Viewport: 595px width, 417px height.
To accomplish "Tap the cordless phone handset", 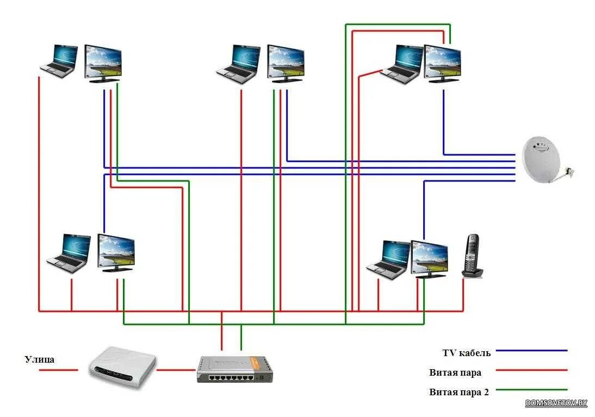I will pyautogui.click(x=472, y=256).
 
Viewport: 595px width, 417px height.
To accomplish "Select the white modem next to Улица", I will pyautogui.click(x=123, y=366).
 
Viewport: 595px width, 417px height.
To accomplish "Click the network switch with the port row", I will pyautogui.click(x=234, y=370).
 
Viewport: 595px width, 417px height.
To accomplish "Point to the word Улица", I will pyautogui.click(x=40, y=359).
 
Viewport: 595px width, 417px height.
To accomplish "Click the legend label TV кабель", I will pyautogui.click(x=466, y=353).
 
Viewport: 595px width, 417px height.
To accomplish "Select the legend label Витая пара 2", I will pyautogui.click(x=458, y=391).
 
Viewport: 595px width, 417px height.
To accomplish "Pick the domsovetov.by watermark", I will pyautogui.click(x=556, y=403).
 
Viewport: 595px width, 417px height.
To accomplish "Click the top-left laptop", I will pyautogui.click(x=60, y=61).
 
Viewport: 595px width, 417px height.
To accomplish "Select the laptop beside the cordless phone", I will pyautogui.click(x=388, y=260).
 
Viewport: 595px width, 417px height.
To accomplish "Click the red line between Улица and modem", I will pyautogui.click(x=58, y=370).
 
